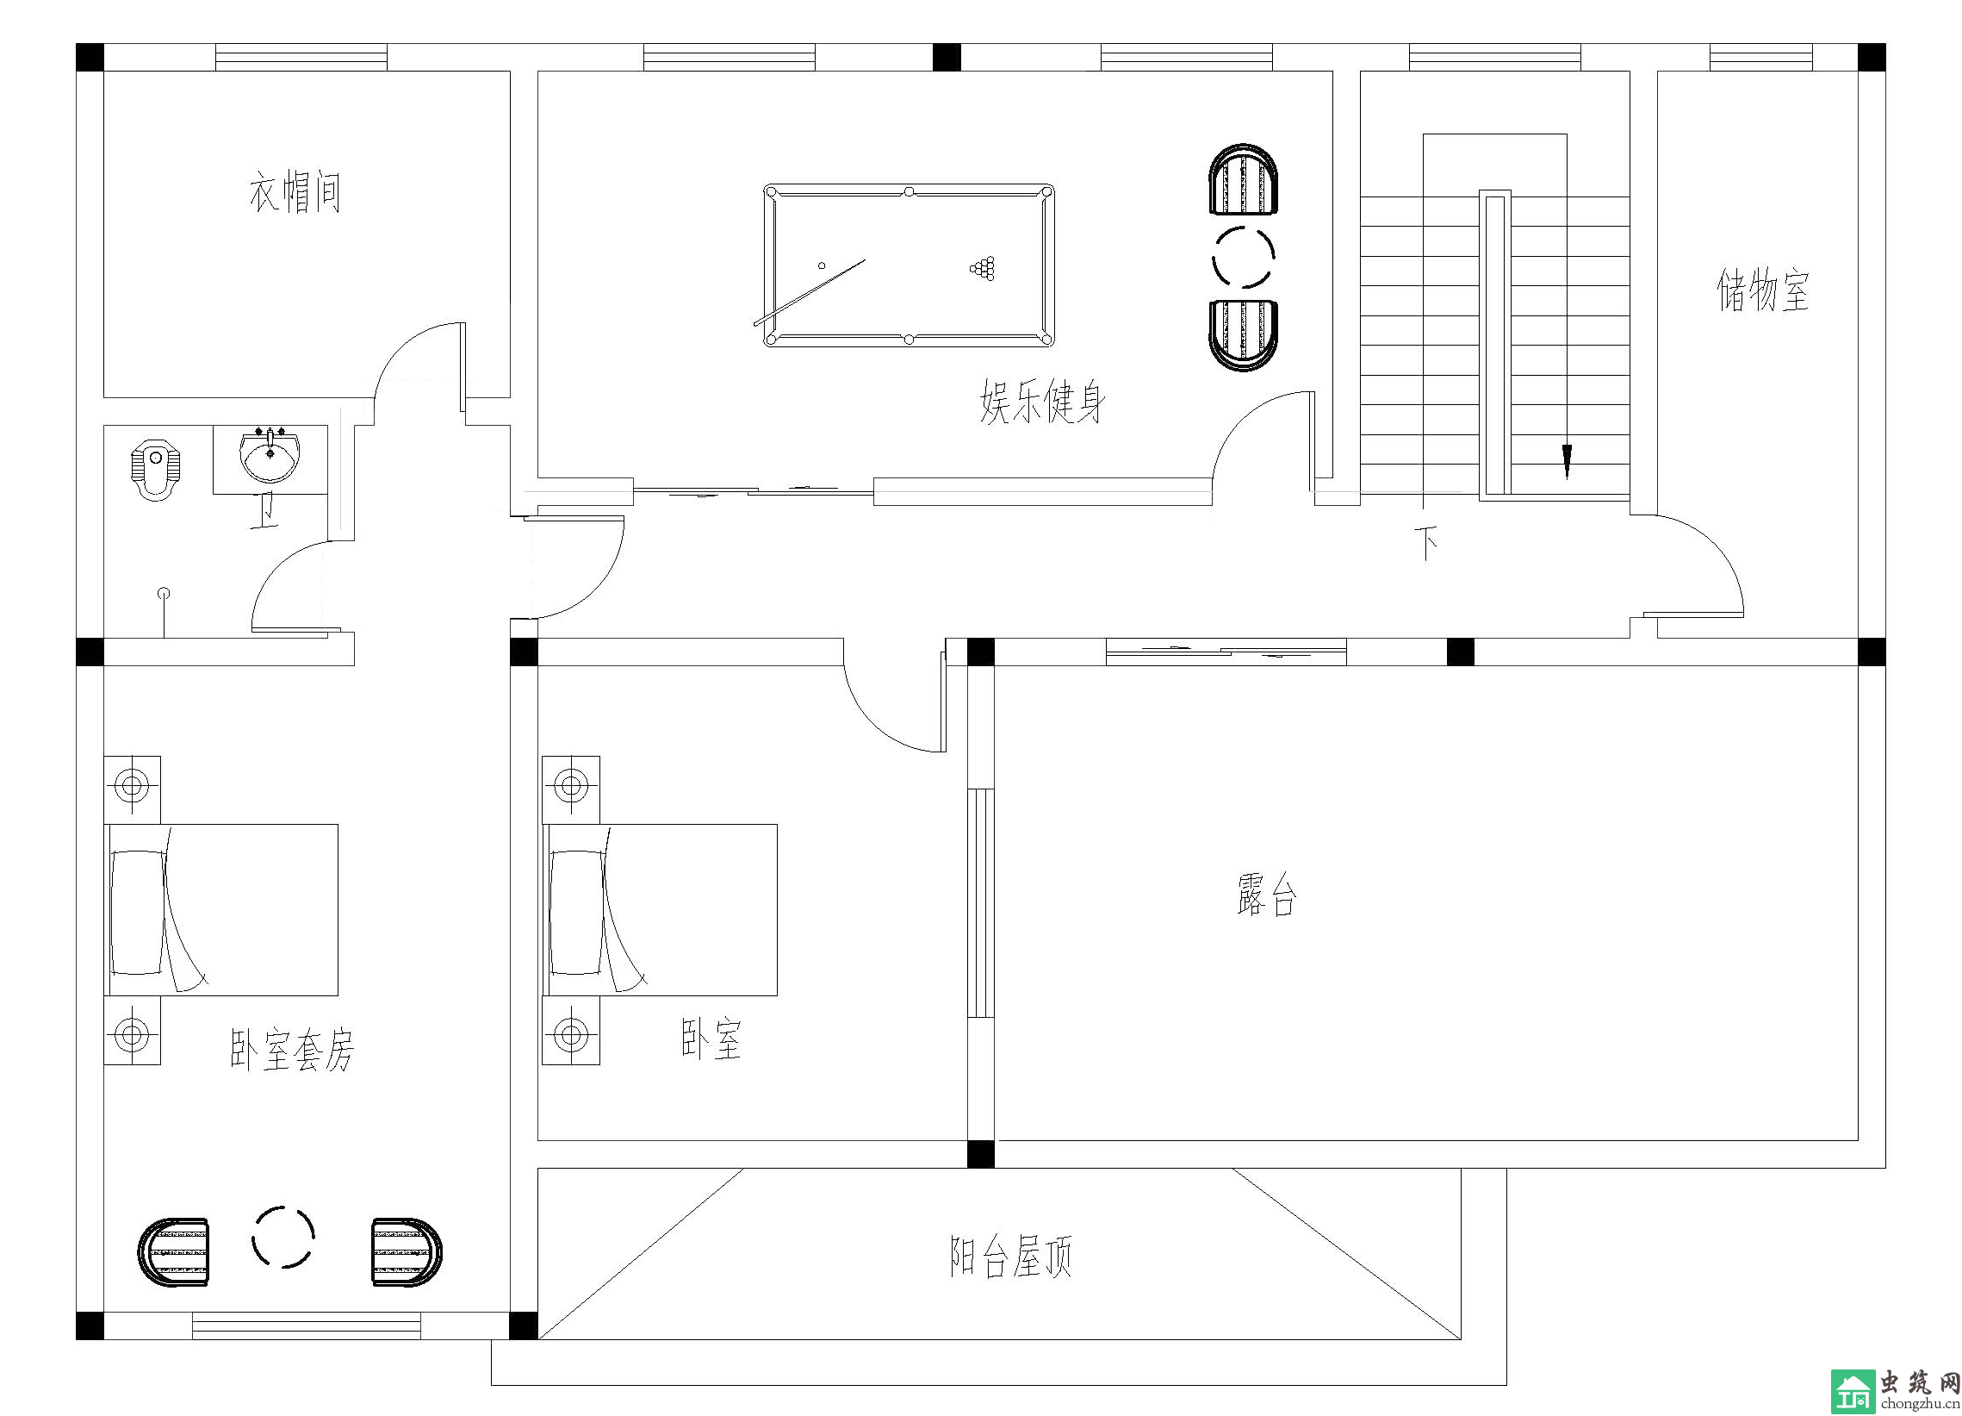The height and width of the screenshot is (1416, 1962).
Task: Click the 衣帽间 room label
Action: (295, 192)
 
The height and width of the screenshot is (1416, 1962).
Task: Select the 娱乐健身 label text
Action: (1042, 402)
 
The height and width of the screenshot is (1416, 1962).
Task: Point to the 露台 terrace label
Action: (1267, 894)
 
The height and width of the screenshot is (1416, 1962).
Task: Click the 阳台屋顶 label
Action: (1011, 1257)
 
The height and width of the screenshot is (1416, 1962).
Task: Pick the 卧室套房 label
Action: (292, 1050)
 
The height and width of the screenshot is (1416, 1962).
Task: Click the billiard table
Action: (909, 265)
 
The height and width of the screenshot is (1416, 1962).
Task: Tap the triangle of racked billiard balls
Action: (983, 268)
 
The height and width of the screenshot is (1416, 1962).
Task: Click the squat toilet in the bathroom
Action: (157, 472)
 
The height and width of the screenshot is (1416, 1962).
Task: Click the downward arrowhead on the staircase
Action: (1566, 462)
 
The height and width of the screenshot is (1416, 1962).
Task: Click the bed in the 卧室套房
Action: (220, 909)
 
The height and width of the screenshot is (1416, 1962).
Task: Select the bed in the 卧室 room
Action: (659, 909)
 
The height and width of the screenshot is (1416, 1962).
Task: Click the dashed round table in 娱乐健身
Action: (1243, 256)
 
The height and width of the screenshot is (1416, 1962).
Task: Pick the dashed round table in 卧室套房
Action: (283, 1237)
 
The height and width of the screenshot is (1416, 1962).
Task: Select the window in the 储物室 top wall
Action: (1760, 57)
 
